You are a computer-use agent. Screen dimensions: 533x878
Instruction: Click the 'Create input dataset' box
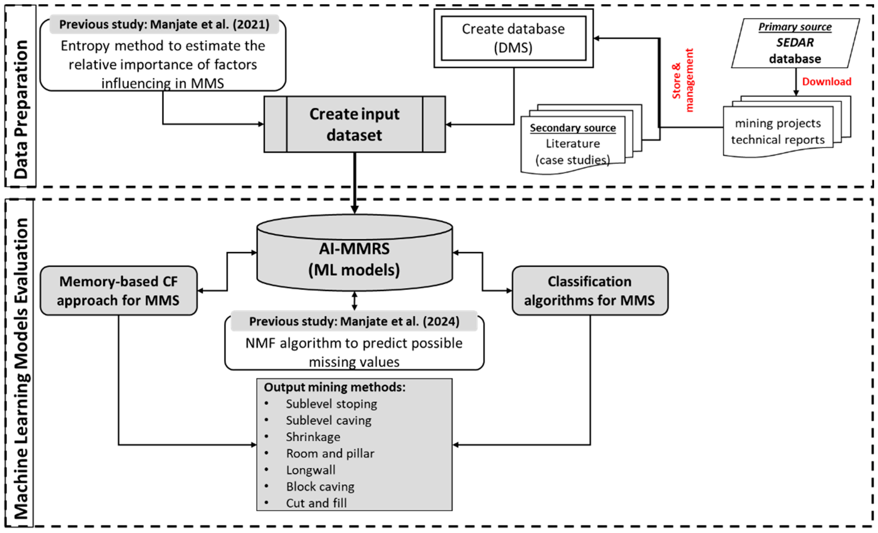[x=354, y=124]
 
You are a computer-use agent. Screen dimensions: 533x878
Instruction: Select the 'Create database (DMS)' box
[x=513, y=38]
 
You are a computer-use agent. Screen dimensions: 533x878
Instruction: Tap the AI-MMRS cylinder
[x=354, y=259]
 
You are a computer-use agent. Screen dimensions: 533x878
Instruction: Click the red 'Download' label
[x=826, y=81]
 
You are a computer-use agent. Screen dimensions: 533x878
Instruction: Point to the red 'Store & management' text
[x=682, y=80]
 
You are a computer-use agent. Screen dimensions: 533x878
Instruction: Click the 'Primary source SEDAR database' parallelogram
[x=795, y=43]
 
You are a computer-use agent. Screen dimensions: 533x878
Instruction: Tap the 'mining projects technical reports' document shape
[x=778, y=131]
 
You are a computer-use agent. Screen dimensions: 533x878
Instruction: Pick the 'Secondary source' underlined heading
[x=573, y=128]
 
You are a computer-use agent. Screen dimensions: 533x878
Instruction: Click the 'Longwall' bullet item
[x=311, y=470]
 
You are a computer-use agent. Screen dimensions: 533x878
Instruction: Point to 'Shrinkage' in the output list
[x=313, y=437]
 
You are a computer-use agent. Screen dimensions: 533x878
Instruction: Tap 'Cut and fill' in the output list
[x=316, y=503]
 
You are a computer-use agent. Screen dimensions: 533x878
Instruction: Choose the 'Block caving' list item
[x=320, y=486]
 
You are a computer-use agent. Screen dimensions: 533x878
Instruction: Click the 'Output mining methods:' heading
[x=334, y=387]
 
